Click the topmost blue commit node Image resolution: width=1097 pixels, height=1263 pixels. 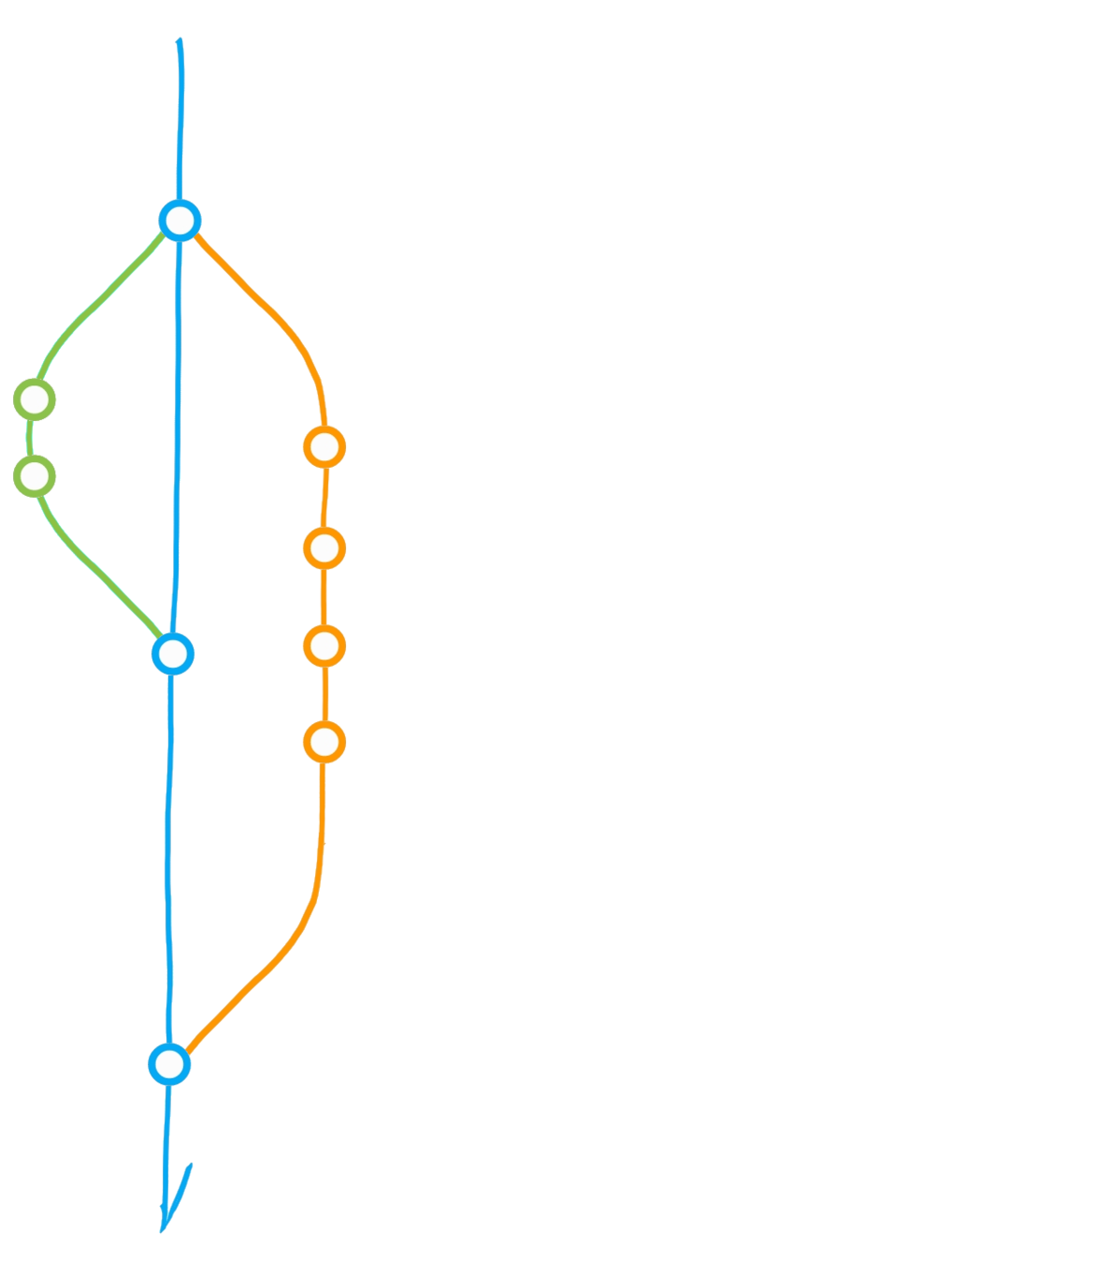[180, 222]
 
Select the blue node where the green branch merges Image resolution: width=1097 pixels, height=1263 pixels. [172, 652]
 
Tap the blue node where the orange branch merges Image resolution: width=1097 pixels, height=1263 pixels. [169, 1064]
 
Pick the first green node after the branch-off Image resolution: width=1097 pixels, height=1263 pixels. [35, 399]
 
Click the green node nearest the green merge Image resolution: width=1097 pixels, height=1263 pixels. [35, 476]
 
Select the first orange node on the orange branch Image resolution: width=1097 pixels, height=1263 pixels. [325, 447]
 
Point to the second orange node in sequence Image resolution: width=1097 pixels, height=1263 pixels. [325, 547]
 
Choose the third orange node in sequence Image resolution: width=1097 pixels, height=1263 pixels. [325, 646]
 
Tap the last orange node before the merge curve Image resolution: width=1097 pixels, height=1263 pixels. [325, 742]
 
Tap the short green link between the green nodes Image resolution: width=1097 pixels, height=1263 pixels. [32, 438]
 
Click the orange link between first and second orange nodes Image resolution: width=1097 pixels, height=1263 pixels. [324, 497]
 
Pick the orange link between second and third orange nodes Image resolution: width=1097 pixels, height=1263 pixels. [325, 597]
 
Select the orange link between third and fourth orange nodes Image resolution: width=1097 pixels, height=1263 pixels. [325, 694]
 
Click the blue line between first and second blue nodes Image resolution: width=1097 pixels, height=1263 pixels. [177, 440]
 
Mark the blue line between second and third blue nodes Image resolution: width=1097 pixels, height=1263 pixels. [170, 861]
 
